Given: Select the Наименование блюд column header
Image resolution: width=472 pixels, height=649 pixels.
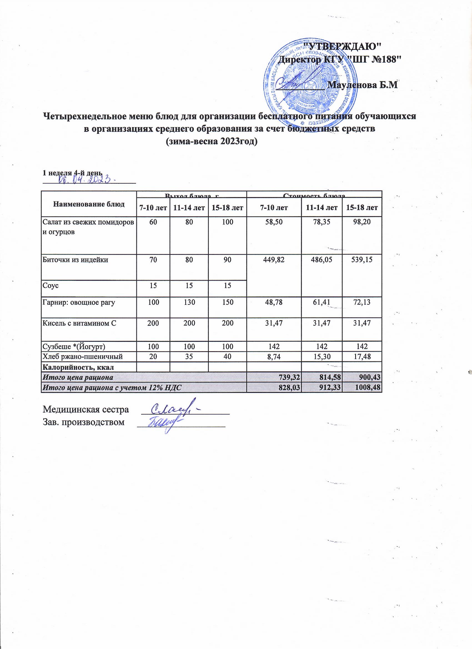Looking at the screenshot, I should click(89, 204).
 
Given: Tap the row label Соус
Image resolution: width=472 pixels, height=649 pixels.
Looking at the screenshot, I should click(51, 285).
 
